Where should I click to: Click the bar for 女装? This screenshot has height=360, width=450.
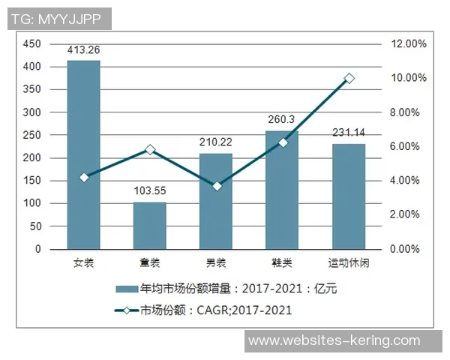(83, 154)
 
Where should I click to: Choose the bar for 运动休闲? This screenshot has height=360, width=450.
(348, 196)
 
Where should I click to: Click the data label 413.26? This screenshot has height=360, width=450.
(83, 51)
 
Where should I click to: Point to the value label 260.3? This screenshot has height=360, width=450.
(281, 119)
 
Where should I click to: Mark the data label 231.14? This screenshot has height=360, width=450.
(348, 133)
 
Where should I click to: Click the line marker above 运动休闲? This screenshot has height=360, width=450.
(349, 78)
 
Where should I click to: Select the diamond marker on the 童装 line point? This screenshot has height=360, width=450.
(150, 150)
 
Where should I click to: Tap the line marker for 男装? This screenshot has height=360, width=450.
(216, 186)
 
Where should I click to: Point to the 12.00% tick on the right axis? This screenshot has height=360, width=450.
(409, 44)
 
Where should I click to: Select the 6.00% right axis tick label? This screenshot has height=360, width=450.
(409, 146)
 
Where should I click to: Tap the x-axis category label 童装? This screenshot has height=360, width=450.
(149, 263)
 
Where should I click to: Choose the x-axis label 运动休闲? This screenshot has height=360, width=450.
(348, 263)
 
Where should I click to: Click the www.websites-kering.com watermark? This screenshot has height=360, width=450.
(334, 340)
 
